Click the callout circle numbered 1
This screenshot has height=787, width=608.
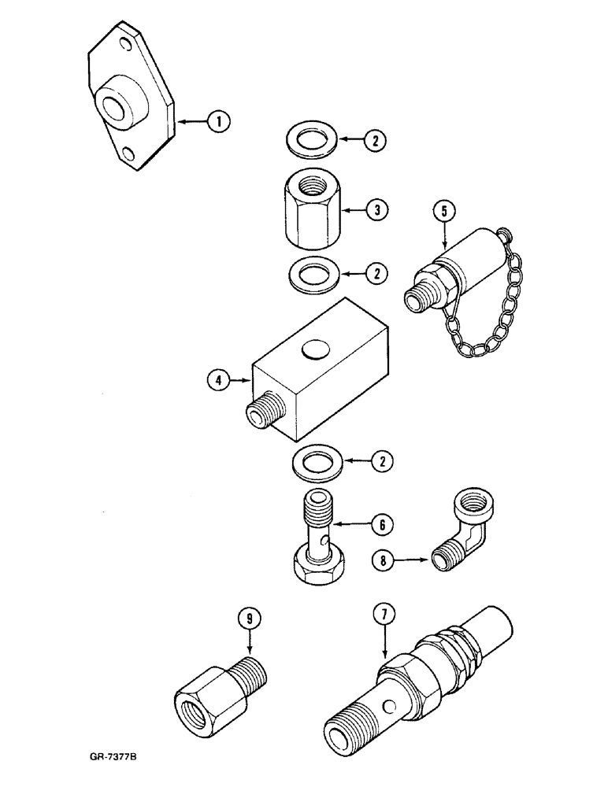(x=218, y=121)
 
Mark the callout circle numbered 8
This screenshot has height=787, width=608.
(x=383, y=560)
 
